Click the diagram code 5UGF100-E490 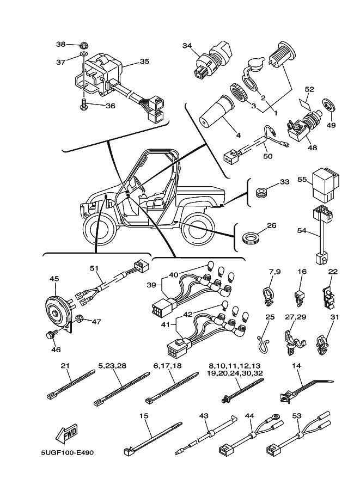click(66, 452)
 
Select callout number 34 click(187, 46)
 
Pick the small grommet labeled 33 click(261, 192)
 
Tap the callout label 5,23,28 click(112, 365)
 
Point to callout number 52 click(309, 89)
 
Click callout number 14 click(296, 366)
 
